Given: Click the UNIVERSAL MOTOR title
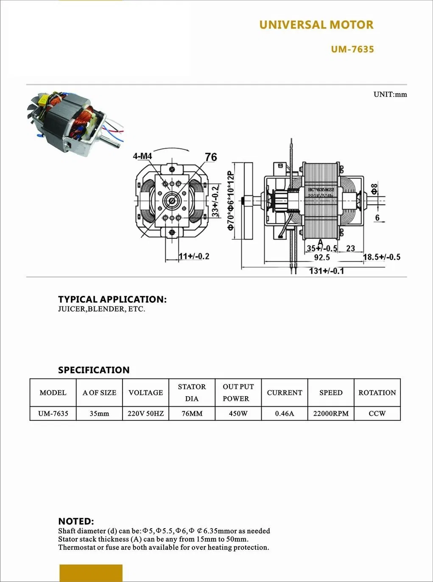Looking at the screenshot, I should click(x=316, y=25).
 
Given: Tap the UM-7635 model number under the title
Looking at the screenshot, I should click(x=352, y=49).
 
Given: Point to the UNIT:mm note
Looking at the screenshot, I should click(x=390, y=94).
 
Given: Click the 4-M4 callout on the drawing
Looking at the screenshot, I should click(x=142, y=156).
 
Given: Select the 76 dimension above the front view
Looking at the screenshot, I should click(x=211, y=157).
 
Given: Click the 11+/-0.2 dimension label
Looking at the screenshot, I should click(x=194, y=256).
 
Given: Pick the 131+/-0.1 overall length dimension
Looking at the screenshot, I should click(x=326, y=271).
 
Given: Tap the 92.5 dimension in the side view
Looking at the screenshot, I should click(x=322, y=257).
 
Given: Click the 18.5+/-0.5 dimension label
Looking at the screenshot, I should click(x=381, y=257).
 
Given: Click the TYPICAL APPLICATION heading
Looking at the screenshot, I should click(x=112, y=299).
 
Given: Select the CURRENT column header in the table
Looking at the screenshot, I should click(x=284, y=392).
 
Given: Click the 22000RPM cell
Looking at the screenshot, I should click(x=331, y=414).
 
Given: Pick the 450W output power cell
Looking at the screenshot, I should click(x=238, y=414).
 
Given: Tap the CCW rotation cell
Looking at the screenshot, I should click(x=377, y=414).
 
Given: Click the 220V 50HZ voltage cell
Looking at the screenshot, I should click(x=145, y=414).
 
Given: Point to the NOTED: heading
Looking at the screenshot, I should click(x=76, y=521).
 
